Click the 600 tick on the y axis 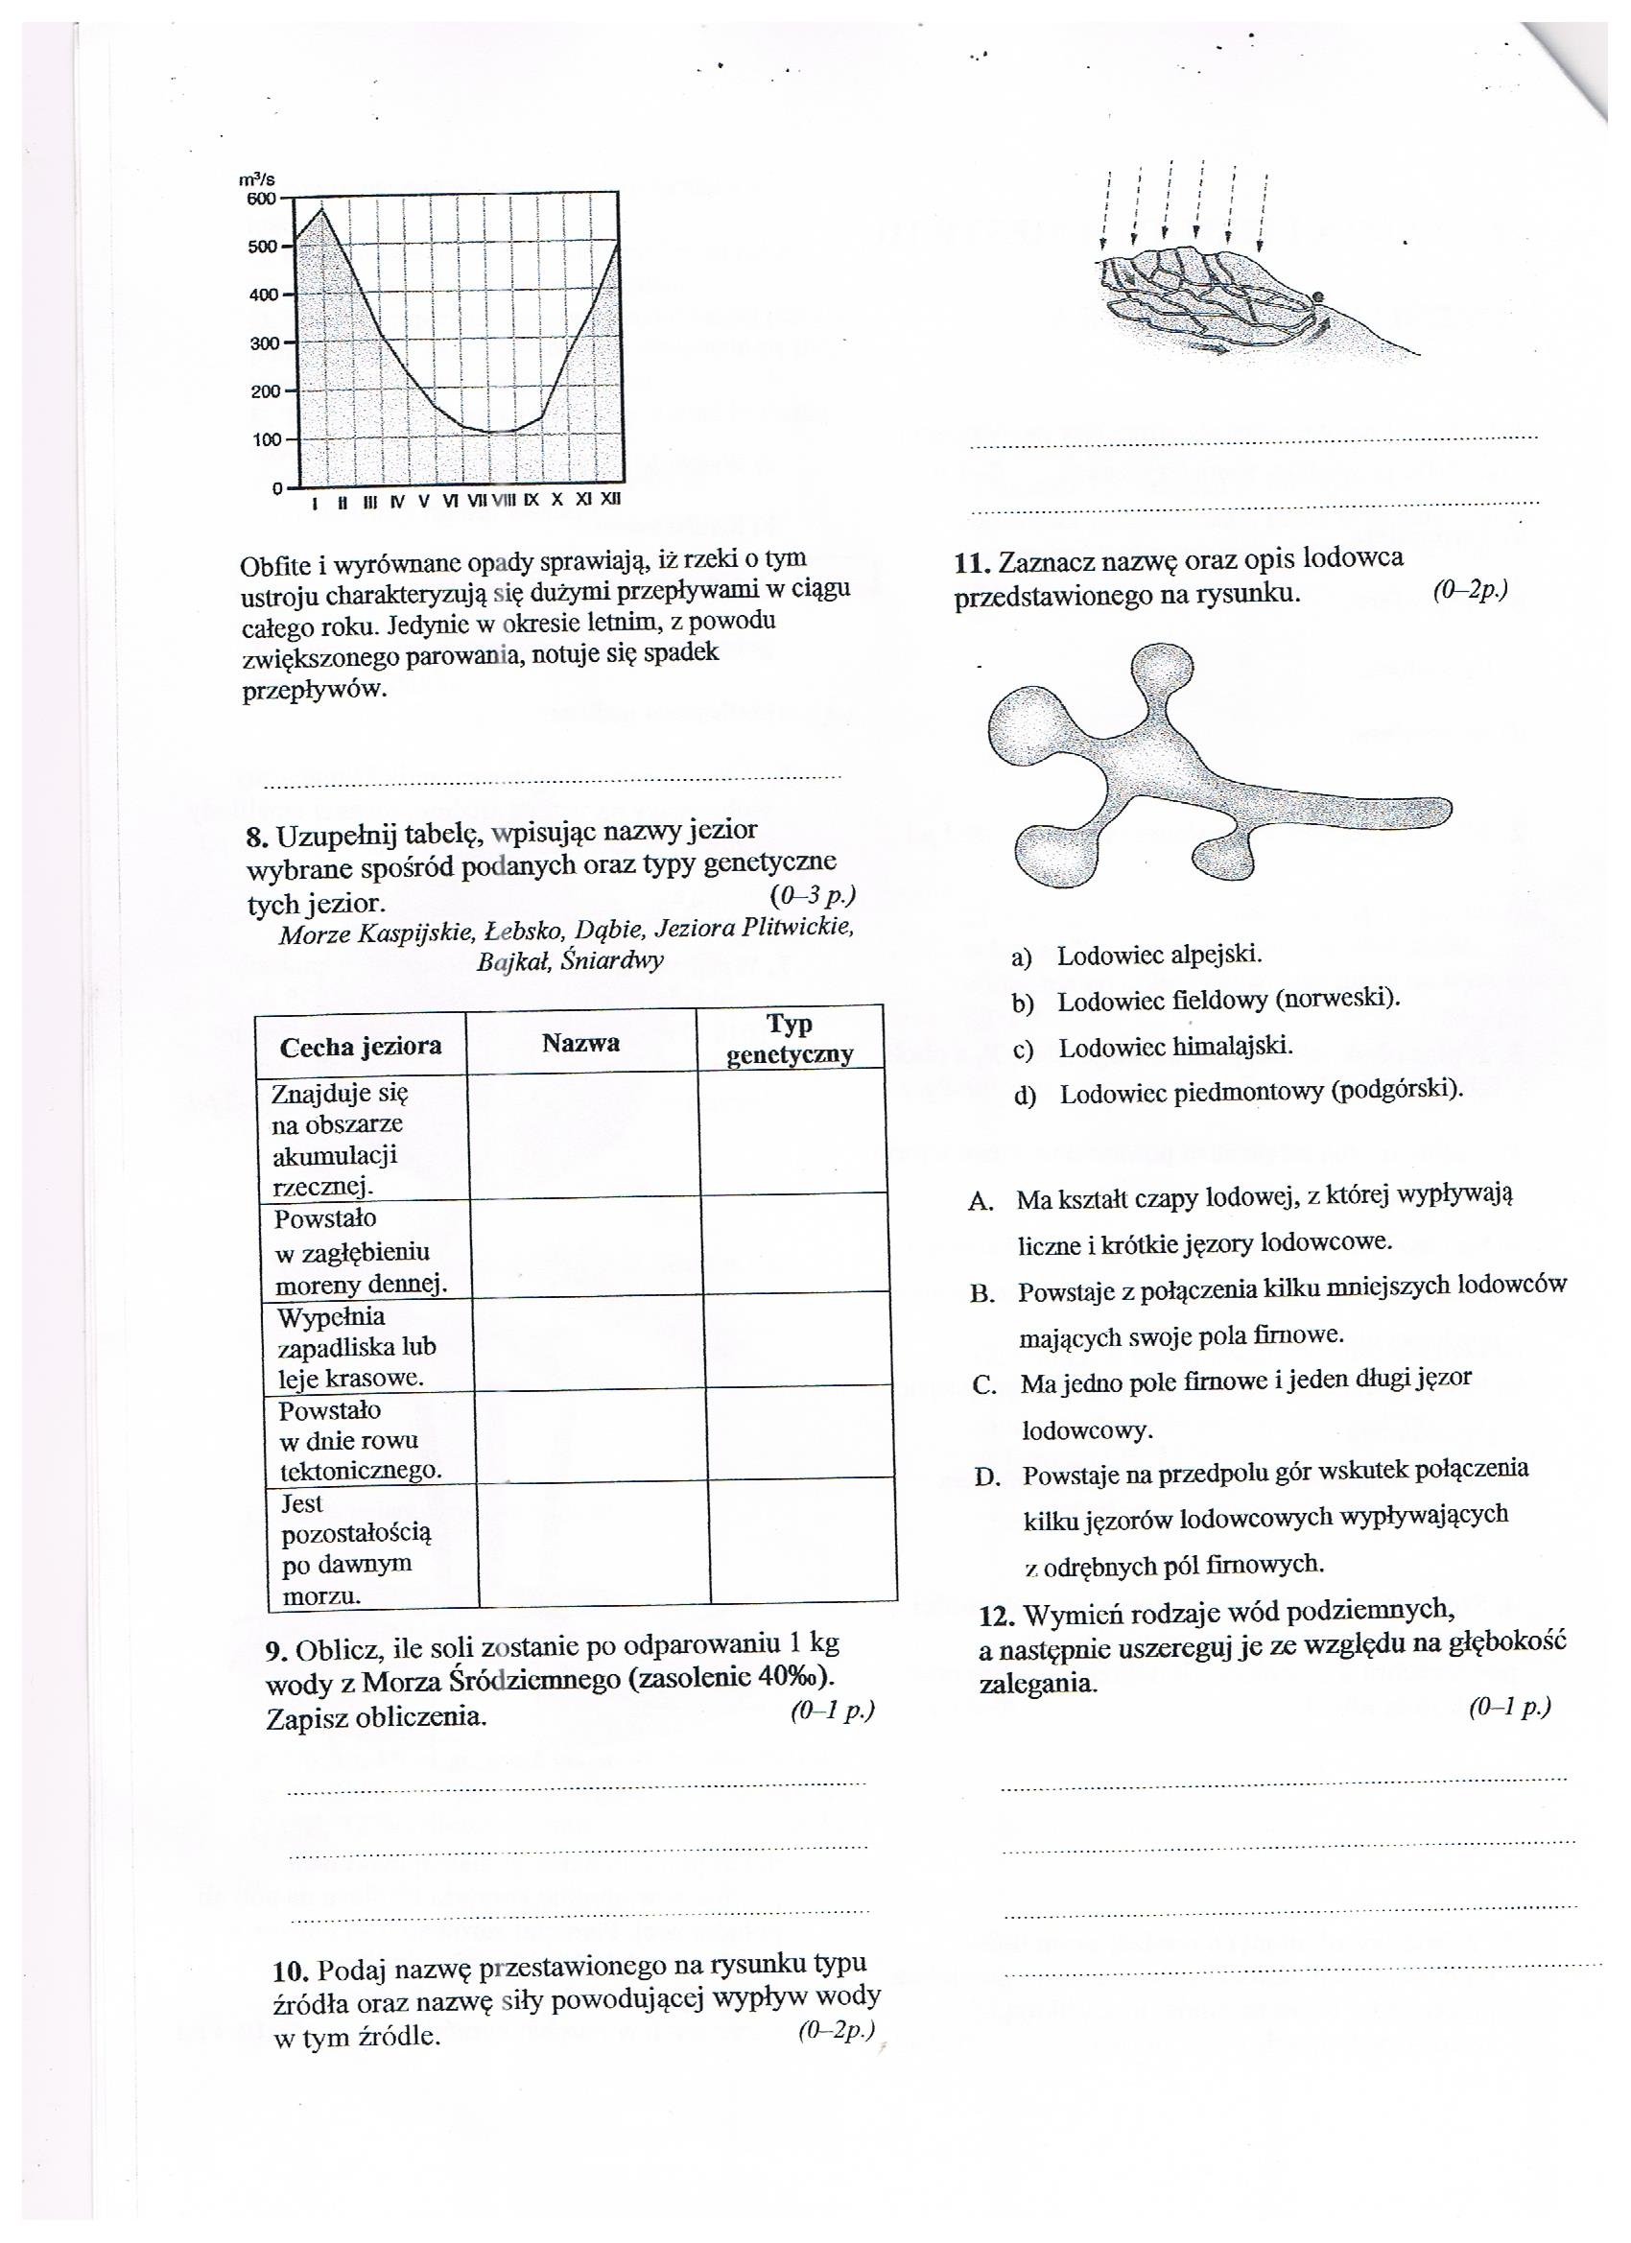[263, 199]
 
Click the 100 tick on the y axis [266, 440]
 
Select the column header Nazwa [580, 1043]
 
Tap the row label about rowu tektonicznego [359, 1440]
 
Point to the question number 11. [971, 563]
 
